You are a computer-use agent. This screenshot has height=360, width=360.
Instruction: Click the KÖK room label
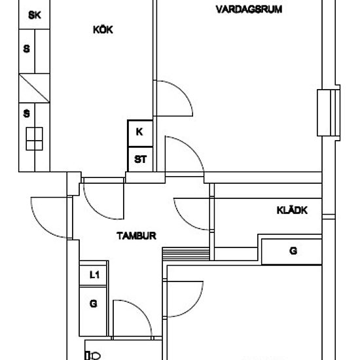point(103,29)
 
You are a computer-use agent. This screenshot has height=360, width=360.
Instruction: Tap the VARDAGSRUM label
point(249,9)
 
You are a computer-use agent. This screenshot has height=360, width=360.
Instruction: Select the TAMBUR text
point(136,236)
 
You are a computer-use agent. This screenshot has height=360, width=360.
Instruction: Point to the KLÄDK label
point(292,210)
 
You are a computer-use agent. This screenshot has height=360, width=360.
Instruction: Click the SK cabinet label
point(35,15)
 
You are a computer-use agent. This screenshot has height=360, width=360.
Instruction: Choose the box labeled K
point(140,133)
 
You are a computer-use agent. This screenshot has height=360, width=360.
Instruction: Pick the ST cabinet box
point(140,159)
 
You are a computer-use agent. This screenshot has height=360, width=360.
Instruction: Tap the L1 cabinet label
point(94,275)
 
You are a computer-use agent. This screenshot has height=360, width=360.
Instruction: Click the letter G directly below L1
point(93,304)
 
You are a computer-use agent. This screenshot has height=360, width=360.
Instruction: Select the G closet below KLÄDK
point(291,252)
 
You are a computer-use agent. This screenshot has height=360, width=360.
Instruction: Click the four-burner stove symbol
point(34,139)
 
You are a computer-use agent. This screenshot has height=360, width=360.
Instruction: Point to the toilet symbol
point(93,355)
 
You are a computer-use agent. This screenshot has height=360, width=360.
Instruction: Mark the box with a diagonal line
point(34,88)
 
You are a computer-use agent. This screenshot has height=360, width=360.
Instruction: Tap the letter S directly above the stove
point(27,114)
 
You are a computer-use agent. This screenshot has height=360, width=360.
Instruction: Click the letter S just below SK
point(27,49)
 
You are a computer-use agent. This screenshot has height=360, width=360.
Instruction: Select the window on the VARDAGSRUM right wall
point(329,113)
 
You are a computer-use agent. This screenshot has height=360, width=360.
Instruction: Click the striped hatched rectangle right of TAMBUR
point(186,254)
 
